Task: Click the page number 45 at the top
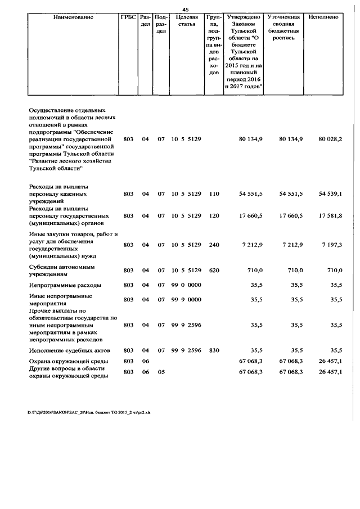pos(185,8)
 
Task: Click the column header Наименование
pos(73,17)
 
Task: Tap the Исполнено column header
pos(323,17)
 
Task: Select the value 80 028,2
pos(330,138)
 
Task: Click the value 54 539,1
pos(330,193)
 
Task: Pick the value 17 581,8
pos(330,215)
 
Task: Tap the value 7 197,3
pos(331,245)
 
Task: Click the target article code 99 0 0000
pos(186,285)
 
